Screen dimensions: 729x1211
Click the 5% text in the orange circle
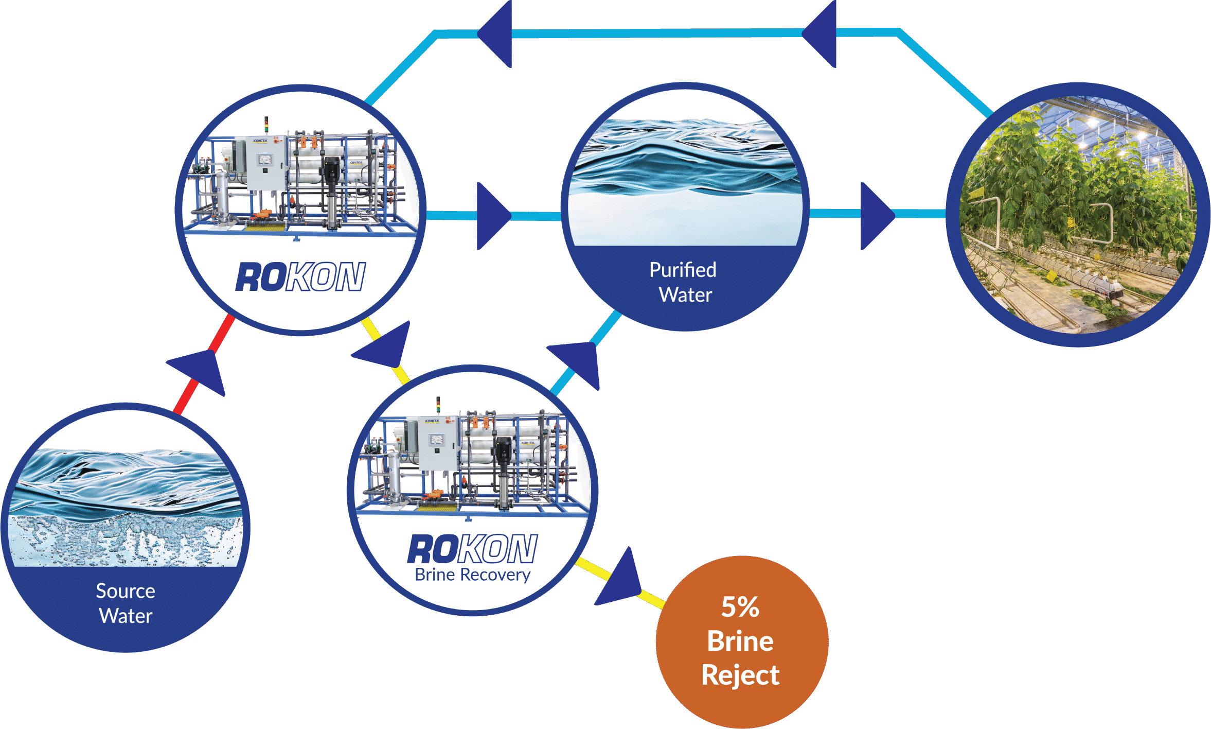click(x=740, y=607)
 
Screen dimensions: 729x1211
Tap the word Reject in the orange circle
click(x=740, y=675)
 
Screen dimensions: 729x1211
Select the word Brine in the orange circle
click(x=740, y=641)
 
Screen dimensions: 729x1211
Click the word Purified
click(x=683, y=270)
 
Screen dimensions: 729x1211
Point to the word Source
click(x=126, y=591)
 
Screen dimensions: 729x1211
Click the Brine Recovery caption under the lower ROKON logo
click(x=472, y=575)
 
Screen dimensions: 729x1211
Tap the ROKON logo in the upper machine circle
click(x=300, y=277)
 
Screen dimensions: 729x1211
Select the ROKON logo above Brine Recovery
click(x=472, y=549)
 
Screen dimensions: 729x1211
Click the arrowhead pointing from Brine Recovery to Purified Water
click(x=579, y=361)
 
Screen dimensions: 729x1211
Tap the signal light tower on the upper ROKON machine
click(x=266, y=124)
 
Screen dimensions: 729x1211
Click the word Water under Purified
click(x=685, y=295)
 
